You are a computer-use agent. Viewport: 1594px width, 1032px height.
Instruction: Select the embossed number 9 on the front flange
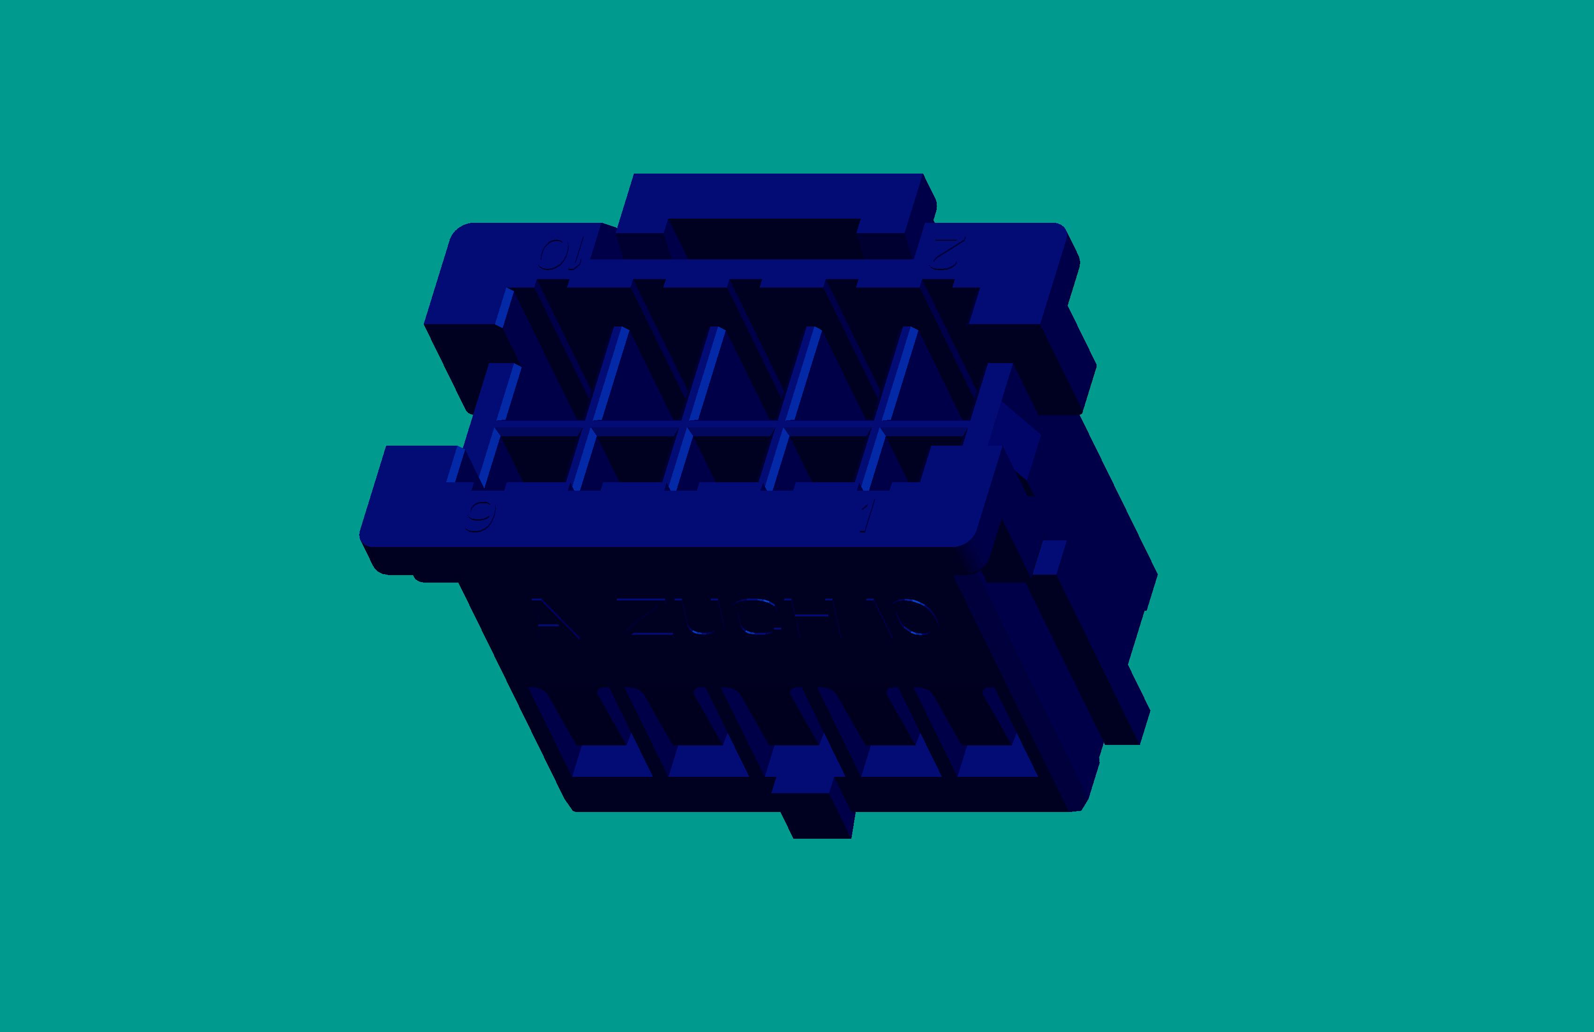(481, 516)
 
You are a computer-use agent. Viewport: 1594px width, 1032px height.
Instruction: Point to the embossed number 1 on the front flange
(868, 516)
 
